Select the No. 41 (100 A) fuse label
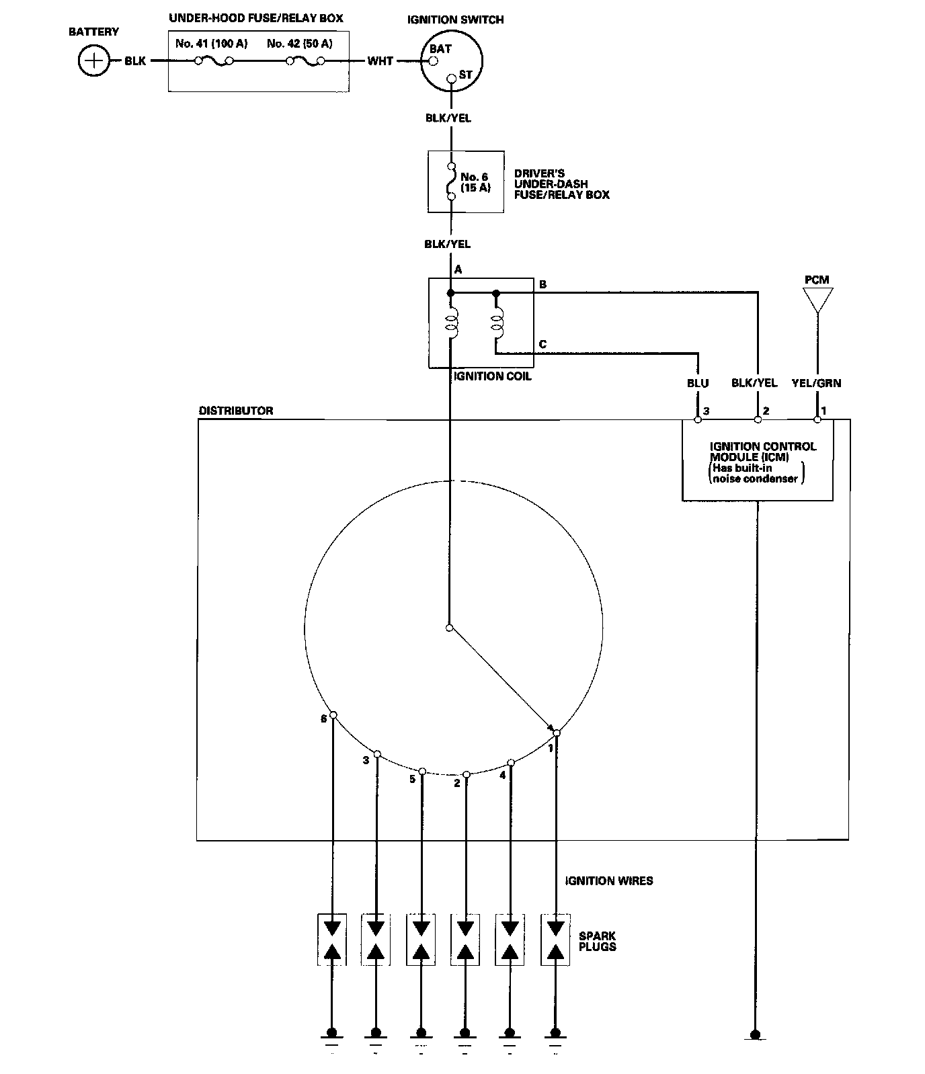pyautogui.click(x=211, y=44)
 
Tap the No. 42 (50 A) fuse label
pyautogui.click(x=299, y=44)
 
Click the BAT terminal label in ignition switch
pyautogui.click(x=441, y=49)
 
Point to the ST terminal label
pyautogui.click(x=465, y=75)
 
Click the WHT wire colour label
pyautogui.click(x=380, y=61)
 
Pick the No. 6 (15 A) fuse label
pyautogui.click(x=475, y=183)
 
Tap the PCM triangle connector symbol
pyautogui.click(x=817, y=299)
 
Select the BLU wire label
pyautogui.click(x=698, y=383)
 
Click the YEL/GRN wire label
pyautogui.click(x=817, y=383)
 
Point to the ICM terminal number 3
pyautogui.click(x=706, y=411)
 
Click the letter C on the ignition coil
pyautogui.click(x=542, y=345)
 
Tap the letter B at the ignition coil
pyautogui.click(x=542, y=284)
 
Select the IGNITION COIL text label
pyautogui.click(x=492, y=376)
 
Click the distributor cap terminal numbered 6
pyautogui.click(x=333, y=715)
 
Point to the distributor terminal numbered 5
pyautogui.click(x=422, y=772)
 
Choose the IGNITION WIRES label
pyautogui.click(x=609, y=880)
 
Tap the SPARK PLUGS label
pyautogui.click(x=597, y=941)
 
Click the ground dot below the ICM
pyautogui.click(x=756, y=1034)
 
